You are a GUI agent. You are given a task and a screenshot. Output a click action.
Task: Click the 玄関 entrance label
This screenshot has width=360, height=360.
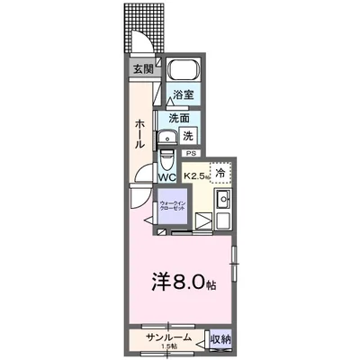(143, 69)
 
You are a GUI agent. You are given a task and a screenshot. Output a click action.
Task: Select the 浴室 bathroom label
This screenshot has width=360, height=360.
(185, 94)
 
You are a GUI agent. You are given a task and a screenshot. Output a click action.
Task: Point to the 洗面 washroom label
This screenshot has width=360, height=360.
(180, 117)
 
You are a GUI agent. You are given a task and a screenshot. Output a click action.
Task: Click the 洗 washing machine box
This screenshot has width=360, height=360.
(188, 136)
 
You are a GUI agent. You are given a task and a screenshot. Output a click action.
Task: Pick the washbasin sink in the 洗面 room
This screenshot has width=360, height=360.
(167, 138)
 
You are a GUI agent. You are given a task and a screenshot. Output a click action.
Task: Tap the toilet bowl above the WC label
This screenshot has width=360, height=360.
(167, 161)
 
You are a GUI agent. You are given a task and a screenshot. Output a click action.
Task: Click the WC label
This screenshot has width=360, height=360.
(168, 177)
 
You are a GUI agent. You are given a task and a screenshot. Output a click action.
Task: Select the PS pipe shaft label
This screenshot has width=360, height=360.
(191, 154)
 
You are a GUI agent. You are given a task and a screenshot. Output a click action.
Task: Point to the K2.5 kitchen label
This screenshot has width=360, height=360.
(196, 177)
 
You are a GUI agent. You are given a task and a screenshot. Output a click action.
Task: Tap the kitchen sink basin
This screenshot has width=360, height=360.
(225, 199)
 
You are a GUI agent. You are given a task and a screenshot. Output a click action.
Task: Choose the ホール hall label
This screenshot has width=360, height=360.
(141, 132)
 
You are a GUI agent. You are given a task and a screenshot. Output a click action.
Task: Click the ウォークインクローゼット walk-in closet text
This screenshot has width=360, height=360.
(173, 207)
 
